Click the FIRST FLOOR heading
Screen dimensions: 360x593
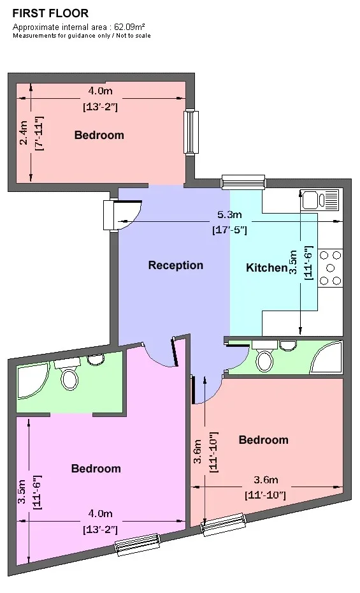[x=50, y=13]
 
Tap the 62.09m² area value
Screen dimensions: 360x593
[x=130, y=27]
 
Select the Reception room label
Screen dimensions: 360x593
[x=176, y=265]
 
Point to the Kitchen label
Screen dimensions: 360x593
[x=267, y=268]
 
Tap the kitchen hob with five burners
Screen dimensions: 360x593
[x=331, y=268]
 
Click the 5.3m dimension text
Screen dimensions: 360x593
[x=229, y=214]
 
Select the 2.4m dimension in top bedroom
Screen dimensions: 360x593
[x=24, y=133]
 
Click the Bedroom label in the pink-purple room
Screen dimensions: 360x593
[x=96, y=469]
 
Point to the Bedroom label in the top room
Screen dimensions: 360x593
[x=99, y=135]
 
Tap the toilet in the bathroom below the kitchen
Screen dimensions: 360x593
[x=264, y=356]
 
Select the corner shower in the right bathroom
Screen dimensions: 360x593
[x=327, y=358]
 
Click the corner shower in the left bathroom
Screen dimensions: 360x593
[x=33, y=381]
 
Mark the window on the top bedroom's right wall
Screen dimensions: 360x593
[x=191, y=131]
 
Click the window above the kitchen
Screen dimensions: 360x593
[x=243, y=182]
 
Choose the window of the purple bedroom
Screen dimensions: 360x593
[x=137, y=545]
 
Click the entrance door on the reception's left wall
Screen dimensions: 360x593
[x=122, y=215]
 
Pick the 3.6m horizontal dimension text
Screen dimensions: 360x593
[x=266, y=480]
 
